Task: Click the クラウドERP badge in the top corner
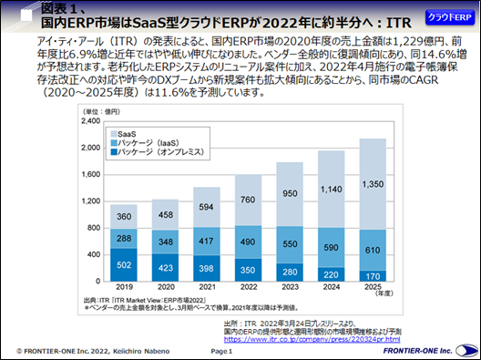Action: coord(447,19)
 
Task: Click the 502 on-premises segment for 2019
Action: coord(123,264)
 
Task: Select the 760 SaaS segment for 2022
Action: coord(249,201)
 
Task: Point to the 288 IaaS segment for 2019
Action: coord(123,237)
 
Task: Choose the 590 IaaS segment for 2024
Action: coord(333,246)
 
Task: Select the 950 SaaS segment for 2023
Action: coord(291,194)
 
